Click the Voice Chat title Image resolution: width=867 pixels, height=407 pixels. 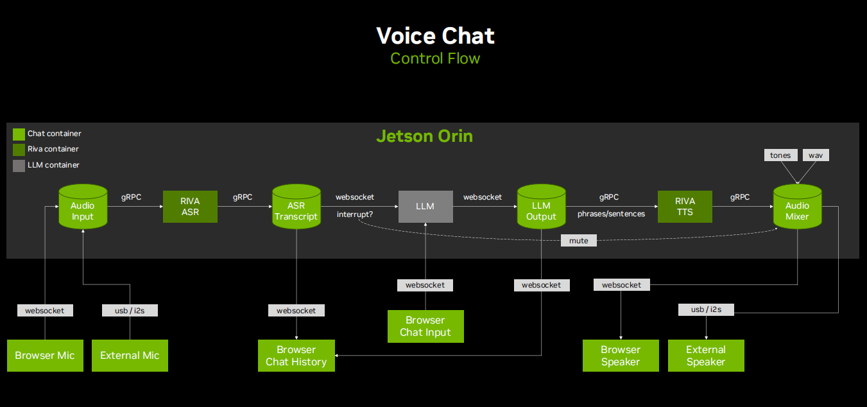point(435,36)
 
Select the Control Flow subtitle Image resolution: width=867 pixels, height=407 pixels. point(435,58)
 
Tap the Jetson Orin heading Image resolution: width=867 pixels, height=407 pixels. point(424,136)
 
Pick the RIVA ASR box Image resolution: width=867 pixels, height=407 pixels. point(190,207)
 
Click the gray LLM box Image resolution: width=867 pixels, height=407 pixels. point(425,207)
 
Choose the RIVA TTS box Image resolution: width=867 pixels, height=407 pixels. point(685,207)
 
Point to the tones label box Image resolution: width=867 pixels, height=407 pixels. point(780,155)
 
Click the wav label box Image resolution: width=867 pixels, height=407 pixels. point(816,155)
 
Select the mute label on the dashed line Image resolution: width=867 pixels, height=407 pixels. point(578,241)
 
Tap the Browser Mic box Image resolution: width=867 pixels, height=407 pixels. point(45,356)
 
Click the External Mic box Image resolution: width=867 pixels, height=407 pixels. point(130,356)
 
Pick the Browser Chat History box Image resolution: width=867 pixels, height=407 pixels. point(296,356)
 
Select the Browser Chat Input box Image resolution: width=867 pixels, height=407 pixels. point(425,326)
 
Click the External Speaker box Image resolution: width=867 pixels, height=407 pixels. point(706,356)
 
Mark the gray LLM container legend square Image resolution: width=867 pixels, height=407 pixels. point(19,166)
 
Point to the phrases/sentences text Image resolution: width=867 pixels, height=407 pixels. point(611,214)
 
